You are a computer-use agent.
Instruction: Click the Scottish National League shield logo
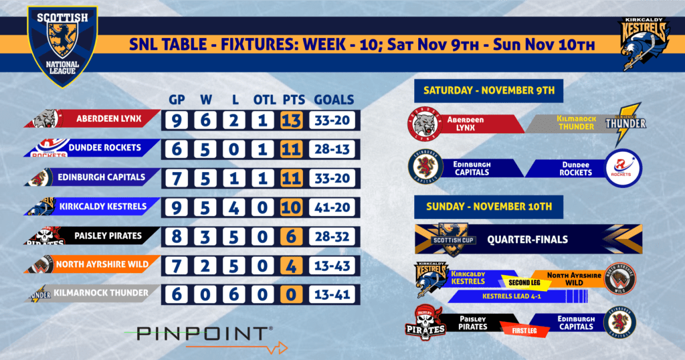click(62, 46)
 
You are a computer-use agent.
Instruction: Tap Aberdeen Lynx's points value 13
click(292, 120)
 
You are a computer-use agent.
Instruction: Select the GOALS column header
click(334, 100)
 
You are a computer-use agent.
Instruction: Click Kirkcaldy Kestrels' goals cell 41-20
click(332, 207)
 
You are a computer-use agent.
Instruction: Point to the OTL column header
click(264, 100)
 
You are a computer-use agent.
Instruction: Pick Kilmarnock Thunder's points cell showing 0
click(292, 294)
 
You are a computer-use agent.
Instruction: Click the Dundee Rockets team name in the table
click(105, 148)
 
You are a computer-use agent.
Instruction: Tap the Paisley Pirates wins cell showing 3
click(205, 237)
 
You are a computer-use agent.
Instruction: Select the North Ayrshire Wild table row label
click(102, 264)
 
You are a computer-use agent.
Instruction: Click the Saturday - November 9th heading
click(489, 90)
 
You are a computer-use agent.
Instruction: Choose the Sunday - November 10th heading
click(489, 207)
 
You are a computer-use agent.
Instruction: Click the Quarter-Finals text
click(528, 240)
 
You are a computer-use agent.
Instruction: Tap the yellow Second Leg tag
click(524, 282)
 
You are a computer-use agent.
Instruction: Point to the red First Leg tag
click(524, 331)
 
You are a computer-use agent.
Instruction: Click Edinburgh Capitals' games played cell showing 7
click(177, 178)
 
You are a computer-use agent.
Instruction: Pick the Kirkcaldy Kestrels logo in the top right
click(644, 43)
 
